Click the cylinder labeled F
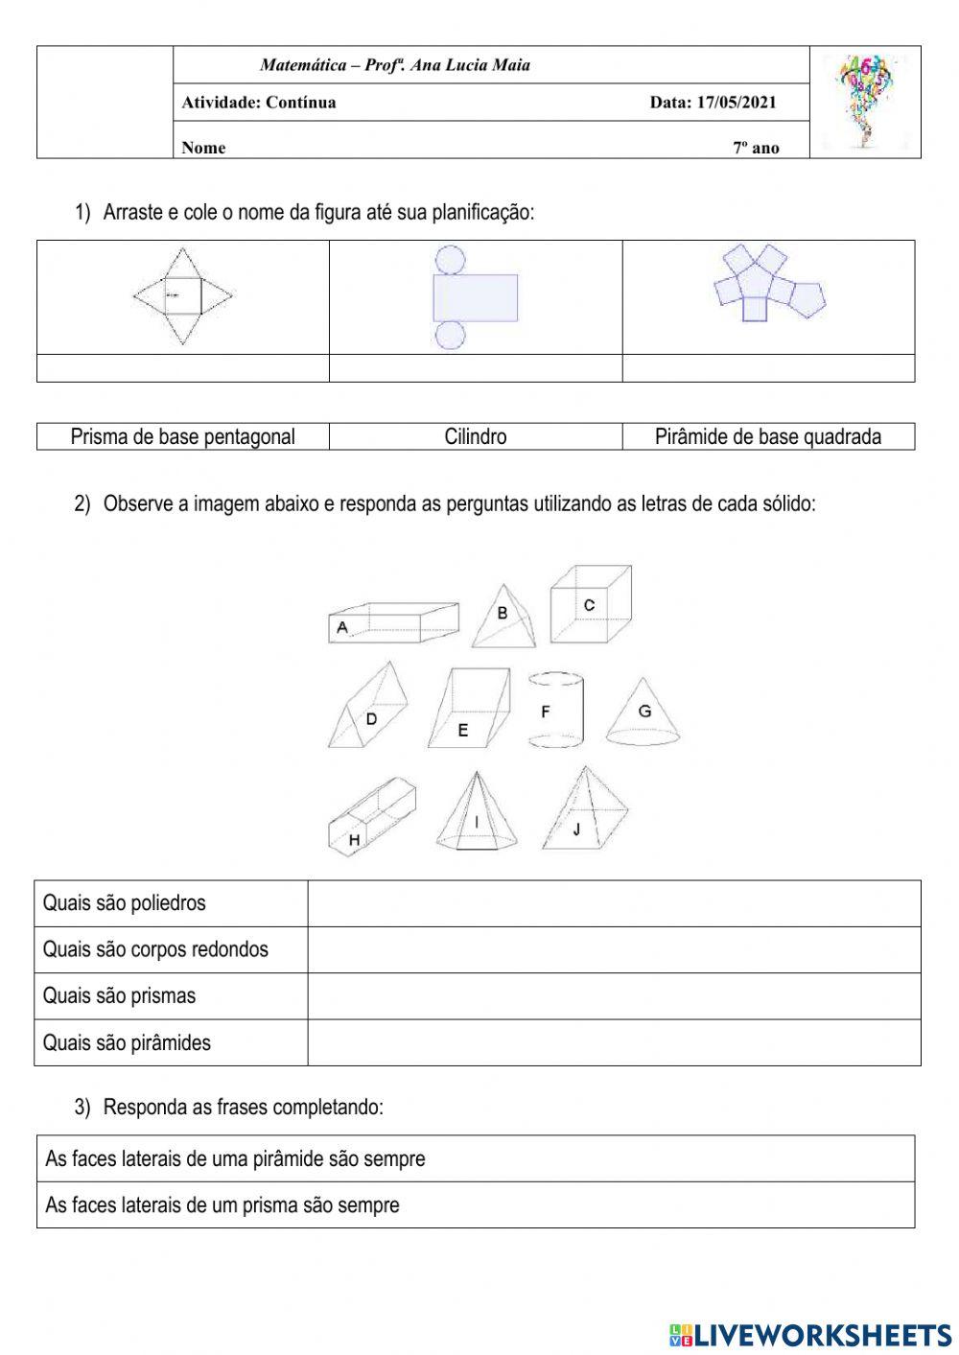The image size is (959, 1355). pyautogui.click(x=555, y=711)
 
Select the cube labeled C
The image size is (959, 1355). pyautogui.click(x=590, y=605)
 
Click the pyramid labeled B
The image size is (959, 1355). pyautogui.click(x=503, y=619)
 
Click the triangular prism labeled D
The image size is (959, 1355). pyautogui.click(x=369, y=710)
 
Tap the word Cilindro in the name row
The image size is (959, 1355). pyautogui.click(x=476, y=437)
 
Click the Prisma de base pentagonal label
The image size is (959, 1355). pyautogui.click(x=182, y=437)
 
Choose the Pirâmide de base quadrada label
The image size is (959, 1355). pyautogui.click(x=767, y=437)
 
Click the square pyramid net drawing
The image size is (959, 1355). pyautogui.click(x=182, y=295)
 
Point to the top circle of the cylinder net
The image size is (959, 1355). pyautogui.click(x=450, y=259)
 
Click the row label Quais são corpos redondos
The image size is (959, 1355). pyautogui.click(x=155, y=949)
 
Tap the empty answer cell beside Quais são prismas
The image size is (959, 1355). pyautogui.click(x=614, y=996)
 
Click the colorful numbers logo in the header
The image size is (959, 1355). pyautogui.click(x=865, y=101)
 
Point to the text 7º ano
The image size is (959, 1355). pyautogui.click(x=757, y=148)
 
